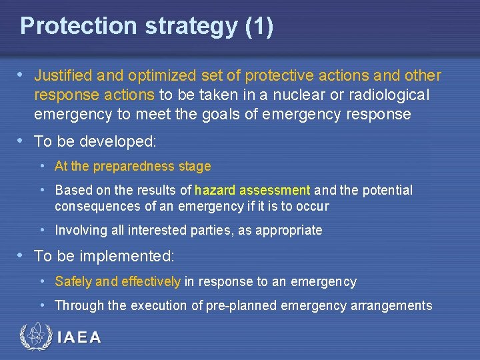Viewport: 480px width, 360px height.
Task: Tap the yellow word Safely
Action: click(73, 282)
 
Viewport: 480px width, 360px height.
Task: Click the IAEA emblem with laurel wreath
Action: click(34, 337)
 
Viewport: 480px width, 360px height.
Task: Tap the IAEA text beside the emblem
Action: click(79, 337)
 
